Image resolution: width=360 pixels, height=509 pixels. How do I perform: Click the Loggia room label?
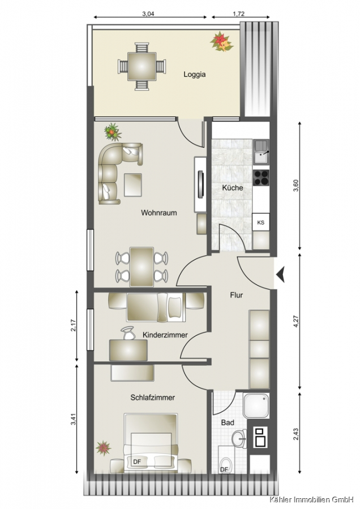(195, 74)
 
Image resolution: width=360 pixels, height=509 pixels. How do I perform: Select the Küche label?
(233, 188)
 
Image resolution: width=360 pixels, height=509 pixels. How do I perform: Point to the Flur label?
(237, 295)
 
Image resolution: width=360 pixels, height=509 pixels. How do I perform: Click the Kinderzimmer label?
(165, 335)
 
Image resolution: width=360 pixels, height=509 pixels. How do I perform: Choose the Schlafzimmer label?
(153, 398)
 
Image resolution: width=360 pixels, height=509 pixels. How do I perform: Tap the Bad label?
(228, 422)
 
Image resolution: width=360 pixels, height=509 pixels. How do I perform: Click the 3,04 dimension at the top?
(148, 14)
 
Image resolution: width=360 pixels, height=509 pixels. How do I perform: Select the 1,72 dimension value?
(239, 14)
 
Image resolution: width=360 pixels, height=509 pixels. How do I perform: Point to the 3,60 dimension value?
(295, 186)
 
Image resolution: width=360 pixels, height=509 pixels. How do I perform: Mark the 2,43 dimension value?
(295, 434)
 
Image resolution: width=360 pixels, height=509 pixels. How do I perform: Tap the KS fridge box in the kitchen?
(261, 222)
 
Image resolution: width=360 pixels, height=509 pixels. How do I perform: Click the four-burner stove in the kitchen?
(262, 178)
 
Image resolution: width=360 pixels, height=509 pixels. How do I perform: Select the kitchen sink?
(262, 152)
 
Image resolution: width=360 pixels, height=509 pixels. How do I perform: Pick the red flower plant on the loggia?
(221, 41)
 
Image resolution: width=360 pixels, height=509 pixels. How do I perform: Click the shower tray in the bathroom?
(256, 406)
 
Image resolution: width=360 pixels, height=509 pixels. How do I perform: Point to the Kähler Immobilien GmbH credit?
(311, 499)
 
